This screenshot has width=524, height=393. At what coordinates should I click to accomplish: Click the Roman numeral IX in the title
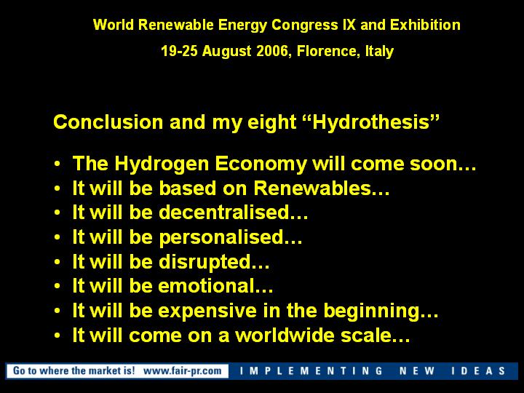click(x=349, y=25)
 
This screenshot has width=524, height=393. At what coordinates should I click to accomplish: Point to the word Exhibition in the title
click(x=425, y=25)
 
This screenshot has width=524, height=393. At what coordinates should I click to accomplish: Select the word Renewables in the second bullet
click(x=312, y=188)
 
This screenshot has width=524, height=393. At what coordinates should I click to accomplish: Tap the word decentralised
click(x=224, y=213)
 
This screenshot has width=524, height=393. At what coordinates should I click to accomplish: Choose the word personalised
click(x=221, y=237)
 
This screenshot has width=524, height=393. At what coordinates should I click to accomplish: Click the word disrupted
click(x=205, y=262)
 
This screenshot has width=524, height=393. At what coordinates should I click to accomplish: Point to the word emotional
click(x=206, y=286)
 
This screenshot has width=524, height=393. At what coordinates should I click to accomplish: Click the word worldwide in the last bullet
click(x=285, y=336)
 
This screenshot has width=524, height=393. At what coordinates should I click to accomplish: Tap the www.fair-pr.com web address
click(x=183, y=370)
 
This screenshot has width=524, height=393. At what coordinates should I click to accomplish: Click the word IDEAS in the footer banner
click(x=478, y=371)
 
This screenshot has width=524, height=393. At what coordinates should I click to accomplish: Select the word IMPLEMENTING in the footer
click(x=311, y=371)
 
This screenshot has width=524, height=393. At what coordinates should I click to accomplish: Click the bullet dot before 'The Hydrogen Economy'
click(x=57, y=164)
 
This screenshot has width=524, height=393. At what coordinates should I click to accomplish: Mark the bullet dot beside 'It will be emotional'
click(x=57, y=286)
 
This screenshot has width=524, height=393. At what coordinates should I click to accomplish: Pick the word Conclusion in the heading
click(x=108, y=122)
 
